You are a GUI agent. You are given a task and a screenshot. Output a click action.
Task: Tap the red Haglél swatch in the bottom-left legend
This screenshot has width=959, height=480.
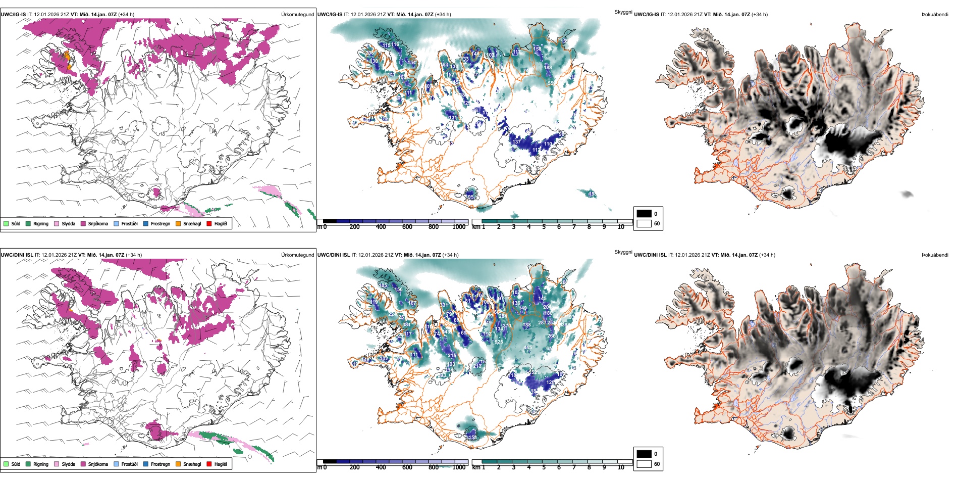tap(209, 464)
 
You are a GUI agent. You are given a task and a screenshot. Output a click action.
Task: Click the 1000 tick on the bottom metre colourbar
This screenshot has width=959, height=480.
tap(459, 467)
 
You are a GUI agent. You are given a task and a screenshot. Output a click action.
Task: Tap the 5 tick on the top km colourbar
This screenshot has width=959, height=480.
tap(544, 227)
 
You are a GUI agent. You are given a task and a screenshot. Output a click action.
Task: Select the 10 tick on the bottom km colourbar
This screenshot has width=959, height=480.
tap(621, 467)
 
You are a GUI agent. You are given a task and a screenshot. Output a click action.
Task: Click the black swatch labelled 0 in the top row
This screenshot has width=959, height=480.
tap(644, 214)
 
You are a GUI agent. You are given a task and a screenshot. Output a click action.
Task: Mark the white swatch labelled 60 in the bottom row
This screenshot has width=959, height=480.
tap(644, 464)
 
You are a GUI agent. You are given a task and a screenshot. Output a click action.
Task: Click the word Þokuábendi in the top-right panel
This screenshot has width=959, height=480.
tap(935, 14)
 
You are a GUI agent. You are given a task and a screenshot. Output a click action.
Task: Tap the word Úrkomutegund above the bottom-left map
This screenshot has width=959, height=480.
tap(297, 255)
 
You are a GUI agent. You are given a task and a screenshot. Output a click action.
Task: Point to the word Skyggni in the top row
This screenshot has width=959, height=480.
tap(623, 12)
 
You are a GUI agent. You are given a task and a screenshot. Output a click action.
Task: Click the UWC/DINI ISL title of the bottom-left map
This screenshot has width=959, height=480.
tap(17, 255)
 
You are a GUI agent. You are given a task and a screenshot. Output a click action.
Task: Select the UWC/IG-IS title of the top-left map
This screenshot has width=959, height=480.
tap(13, 14)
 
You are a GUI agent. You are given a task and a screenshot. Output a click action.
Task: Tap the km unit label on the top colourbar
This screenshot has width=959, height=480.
tap(476, 227)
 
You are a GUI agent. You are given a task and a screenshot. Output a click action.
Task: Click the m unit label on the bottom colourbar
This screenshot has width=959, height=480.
tap(319, 467)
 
